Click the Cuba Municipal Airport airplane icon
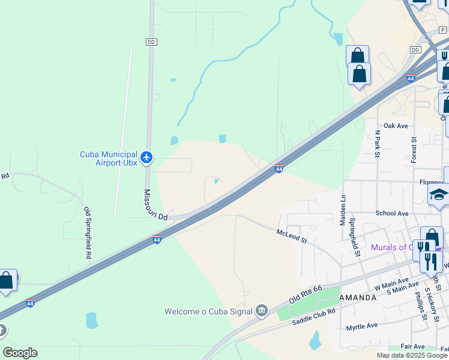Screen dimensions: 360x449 coord(147,158)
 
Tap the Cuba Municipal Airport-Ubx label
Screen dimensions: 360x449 coord(109,158)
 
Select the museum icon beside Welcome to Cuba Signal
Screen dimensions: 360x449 coord(262,310)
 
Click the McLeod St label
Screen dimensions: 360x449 coord(292,236)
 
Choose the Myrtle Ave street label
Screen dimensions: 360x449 coord(362,326)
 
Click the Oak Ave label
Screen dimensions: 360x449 coord(396,126)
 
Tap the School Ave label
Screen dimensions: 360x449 coord(391,213)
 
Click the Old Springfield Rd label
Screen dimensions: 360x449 coord(88,233)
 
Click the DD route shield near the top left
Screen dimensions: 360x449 coord(151,41)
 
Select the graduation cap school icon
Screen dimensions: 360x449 coord(439,196)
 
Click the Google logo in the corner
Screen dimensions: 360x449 coord(20,352)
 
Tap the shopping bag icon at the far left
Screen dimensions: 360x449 coord(6,280)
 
